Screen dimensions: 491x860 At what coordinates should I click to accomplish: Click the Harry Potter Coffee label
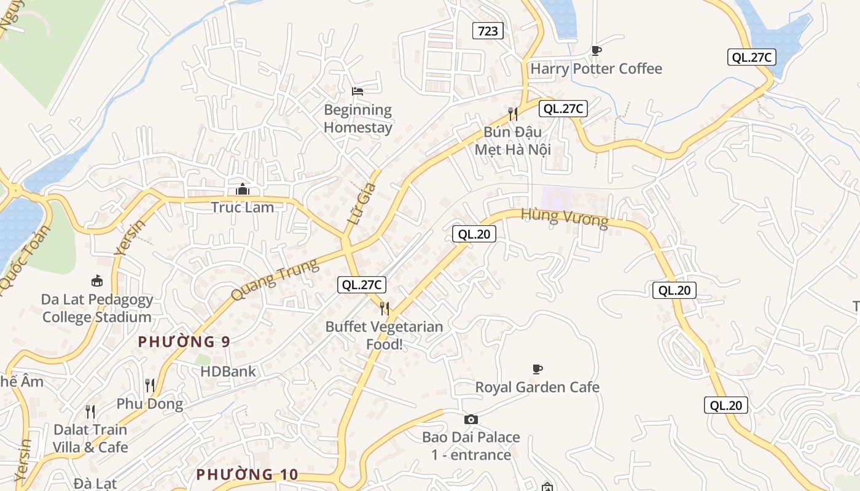596,69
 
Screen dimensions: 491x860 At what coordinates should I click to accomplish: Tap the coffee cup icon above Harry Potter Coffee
596,50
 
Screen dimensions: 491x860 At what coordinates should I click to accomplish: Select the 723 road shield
488,31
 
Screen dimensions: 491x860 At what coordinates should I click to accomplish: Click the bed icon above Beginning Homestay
358,91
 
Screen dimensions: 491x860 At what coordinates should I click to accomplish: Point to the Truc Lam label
242,207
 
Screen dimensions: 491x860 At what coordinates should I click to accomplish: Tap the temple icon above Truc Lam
243,189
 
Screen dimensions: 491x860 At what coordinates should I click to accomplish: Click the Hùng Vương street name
565,218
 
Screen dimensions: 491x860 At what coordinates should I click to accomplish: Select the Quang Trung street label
275,280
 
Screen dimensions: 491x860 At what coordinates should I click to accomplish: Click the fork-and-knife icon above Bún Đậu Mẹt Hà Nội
513,114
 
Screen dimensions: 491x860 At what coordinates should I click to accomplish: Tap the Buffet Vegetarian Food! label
384,335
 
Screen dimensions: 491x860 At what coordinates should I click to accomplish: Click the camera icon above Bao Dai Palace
471,419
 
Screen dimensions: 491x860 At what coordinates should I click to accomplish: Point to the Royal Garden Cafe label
537,387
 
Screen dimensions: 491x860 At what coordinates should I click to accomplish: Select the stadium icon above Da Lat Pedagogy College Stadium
96,281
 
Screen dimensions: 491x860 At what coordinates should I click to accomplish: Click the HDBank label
228,371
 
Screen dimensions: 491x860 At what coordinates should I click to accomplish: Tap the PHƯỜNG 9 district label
184,342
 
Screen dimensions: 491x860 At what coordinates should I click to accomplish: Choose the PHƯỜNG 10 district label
247,474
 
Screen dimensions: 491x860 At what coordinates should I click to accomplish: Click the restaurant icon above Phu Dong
150,385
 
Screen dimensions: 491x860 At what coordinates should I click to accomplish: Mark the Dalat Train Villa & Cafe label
90,438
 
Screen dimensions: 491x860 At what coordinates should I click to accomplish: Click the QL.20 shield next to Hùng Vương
474,234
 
